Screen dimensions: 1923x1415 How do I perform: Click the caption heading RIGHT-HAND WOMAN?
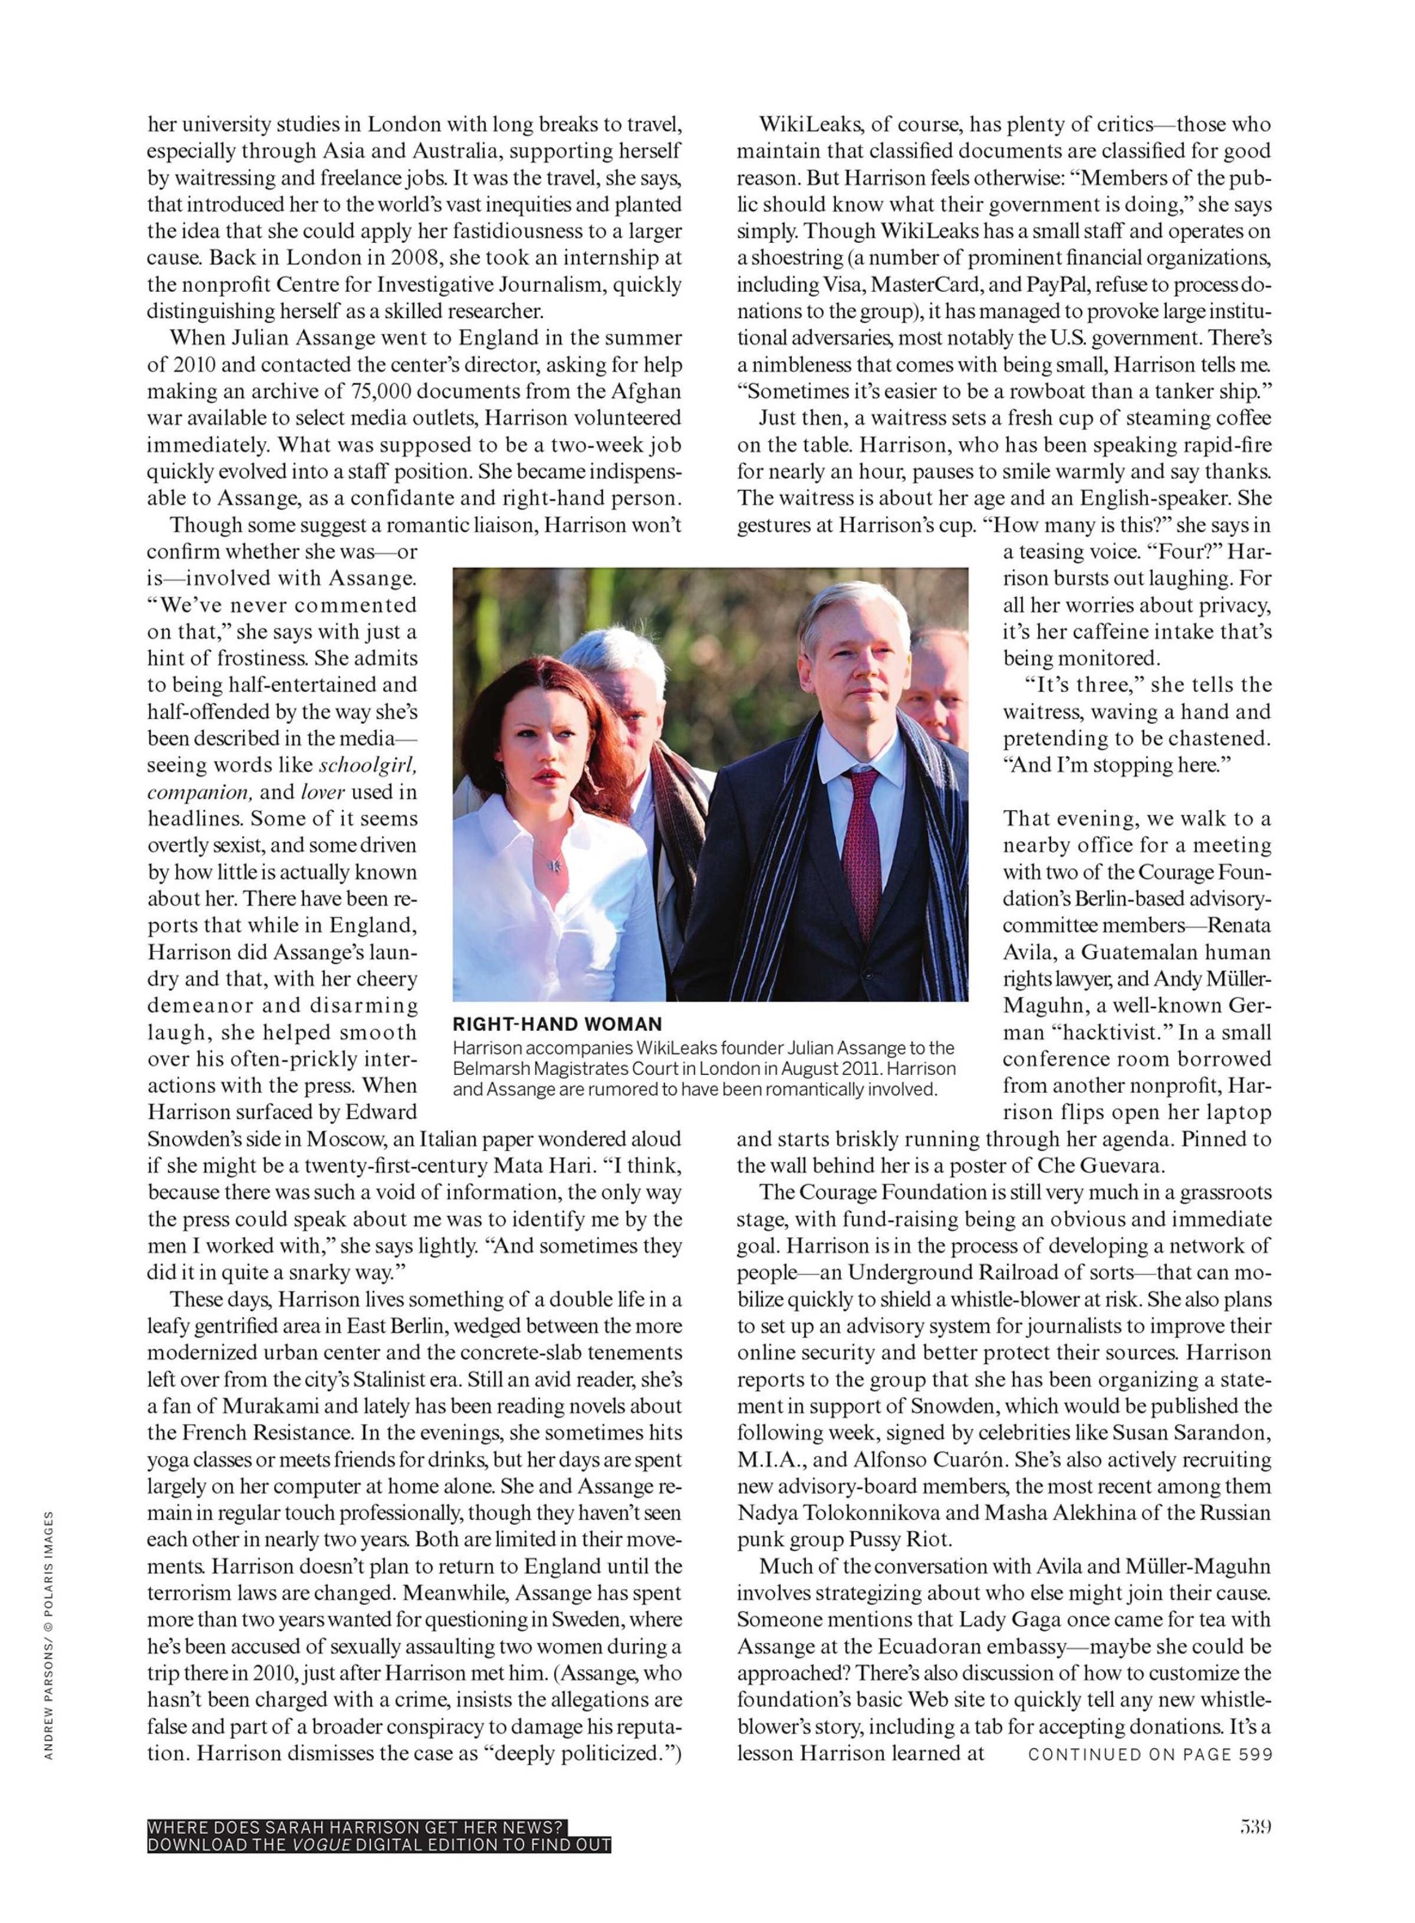[557, 1024]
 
